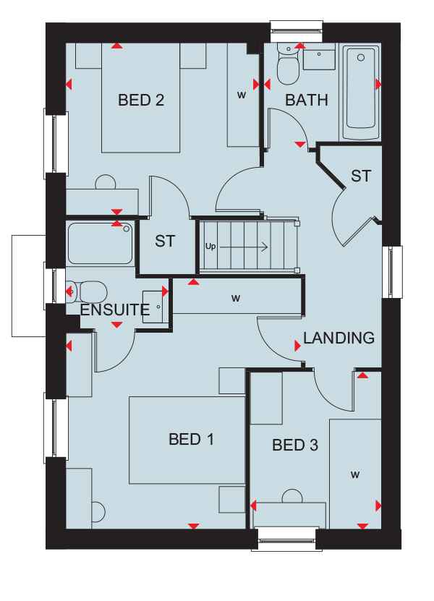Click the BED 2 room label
tap(141, 101)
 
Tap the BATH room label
tap(307, 101)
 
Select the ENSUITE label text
tap(114, 310)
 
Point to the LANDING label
tap(339, 338)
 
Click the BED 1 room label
tap(191, 439)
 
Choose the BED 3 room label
tap(295, 445)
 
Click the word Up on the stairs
tap(210, 247)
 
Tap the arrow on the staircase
tap(244, 247)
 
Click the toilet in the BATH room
tap(288, 64)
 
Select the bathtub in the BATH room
tap(361, 93)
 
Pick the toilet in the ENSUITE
tap(87, 292)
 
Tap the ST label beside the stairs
tap(165, 242)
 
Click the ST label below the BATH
tap(361, 176)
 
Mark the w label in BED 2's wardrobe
tap(242, 95)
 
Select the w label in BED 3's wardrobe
tap(355, 475)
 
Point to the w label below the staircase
tap(236, 298)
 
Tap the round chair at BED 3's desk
tap(292, 496)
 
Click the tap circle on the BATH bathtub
tap(361, 58)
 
